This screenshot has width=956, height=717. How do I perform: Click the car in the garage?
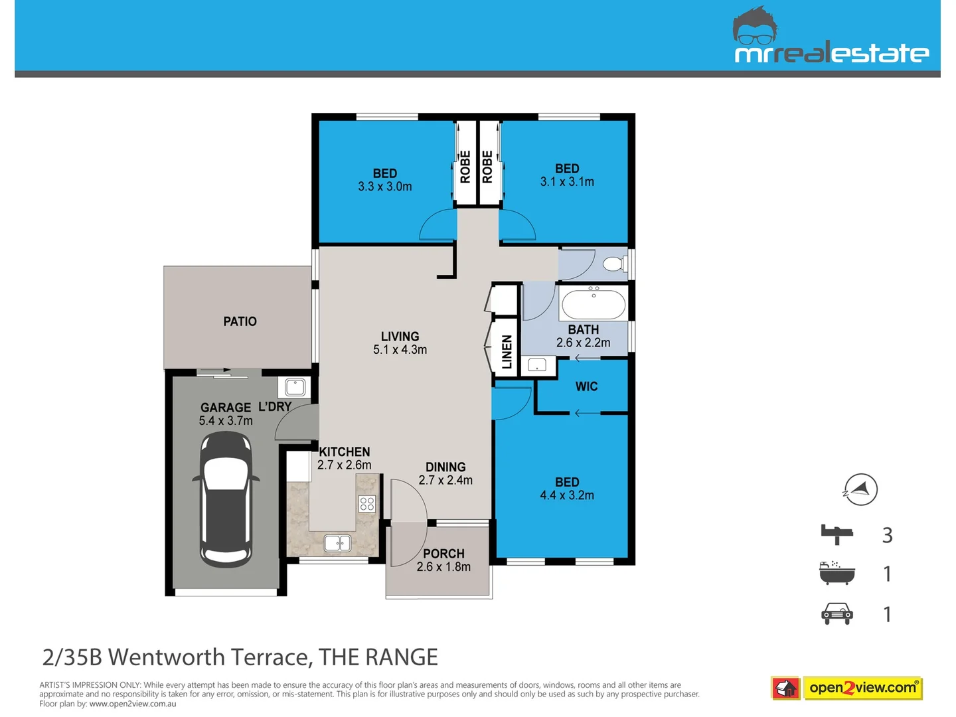coord(226,499)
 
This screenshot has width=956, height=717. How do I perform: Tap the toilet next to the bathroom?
coord(614,264)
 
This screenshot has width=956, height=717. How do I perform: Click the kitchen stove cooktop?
coord(367,504)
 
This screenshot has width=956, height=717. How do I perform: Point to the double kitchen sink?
coord(337,544)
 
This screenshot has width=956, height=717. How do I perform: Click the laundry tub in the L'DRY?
coord(295,387)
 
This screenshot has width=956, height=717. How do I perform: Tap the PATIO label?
coord(240,321)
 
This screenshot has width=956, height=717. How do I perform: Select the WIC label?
coord(586,386)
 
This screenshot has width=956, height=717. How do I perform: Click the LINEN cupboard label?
coord(507,352)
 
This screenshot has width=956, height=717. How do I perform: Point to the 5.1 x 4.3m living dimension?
coord(400,350)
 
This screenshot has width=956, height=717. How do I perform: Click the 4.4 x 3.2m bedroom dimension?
coord(567,495)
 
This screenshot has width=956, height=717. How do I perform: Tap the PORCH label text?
coord(443,553)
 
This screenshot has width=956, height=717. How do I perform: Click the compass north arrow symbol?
coord(860,490)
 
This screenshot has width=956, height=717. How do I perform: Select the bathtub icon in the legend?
coord(836,573)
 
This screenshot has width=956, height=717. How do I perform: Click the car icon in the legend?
coord(837,614)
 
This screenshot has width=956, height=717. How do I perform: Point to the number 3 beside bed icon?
coord(887,535)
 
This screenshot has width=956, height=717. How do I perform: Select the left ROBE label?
coord(465,167)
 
